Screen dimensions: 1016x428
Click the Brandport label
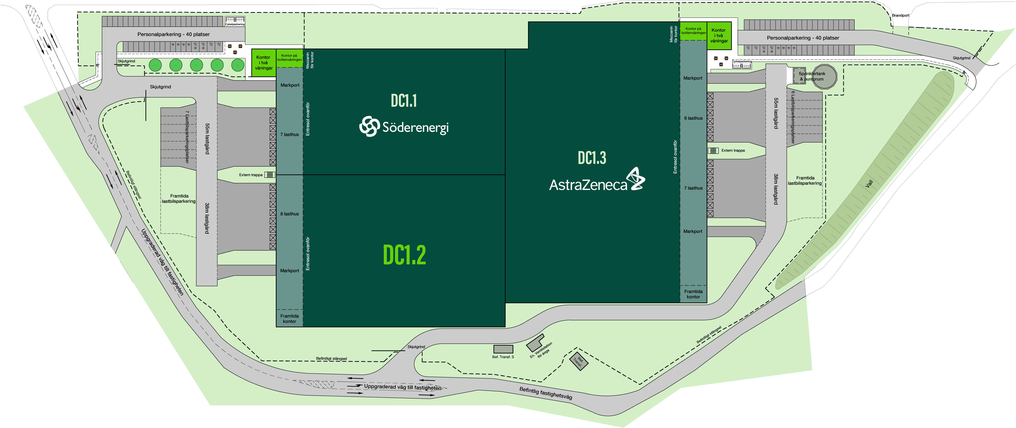900,15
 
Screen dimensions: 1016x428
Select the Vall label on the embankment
869,184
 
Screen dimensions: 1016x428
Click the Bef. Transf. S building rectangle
503,349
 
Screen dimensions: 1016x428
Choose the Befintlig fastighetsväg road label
545,393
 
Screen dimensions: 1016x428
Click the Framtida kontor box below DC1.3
693,294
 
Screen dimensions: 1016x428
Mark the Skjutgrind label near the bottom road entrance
416,347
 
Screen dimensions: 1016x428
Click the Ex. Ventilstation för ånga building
535,343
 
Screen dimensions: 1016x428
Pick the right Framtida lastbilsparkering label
805,181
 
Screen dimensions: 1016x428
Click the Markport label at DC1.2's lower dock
290,271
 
